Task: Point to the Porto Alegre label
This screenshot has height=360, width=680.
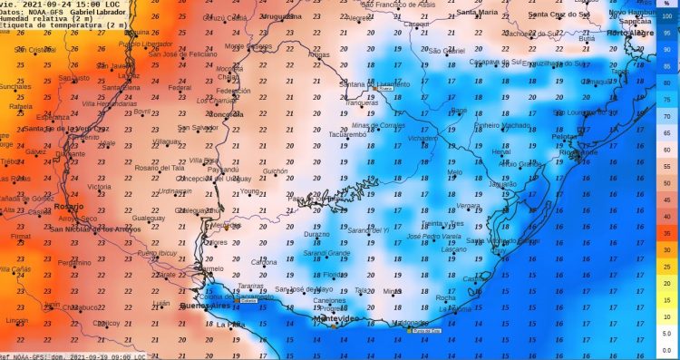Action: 629,33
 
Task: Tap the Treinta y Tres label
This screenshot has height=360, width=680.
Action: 443,223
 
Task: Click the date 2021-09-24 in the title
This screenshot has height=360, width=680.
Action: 39,4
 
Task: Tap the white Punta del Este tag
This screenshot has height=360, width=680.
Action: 425,330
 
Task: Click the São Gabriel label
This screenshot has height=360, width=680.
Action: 445,51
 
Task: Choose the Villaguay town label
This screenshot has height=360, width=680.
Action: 167,141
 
